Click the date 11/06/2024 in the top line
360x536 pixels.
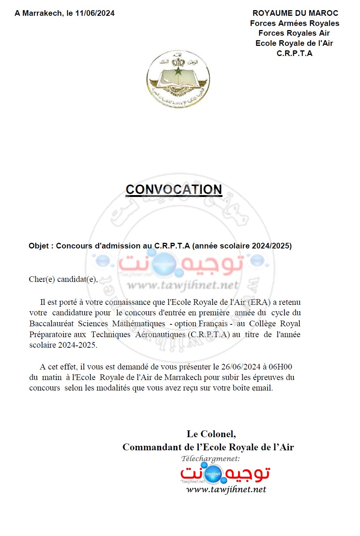pos(95,13)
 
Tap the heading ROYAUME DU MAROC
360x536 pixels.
pos(295,13)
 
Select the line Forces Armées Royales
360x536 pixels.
pos(295,23)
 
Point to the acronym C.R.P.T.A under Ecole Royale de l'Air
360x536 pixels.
pos(294,53)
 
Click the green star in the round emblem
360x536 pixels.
pos(178,71)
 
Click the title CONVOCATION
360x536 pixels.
pos(174,189)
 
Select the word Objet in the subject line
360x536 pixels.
pos(39,246)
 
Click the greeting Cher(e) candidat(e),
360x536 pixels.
pos(63,279)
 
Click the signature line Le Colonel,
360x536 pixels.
pos(211,434)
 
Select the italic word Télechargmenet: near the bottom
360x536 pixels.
pos(210,459)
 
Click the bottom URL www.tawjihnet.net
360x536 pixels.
pos(226,489)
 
